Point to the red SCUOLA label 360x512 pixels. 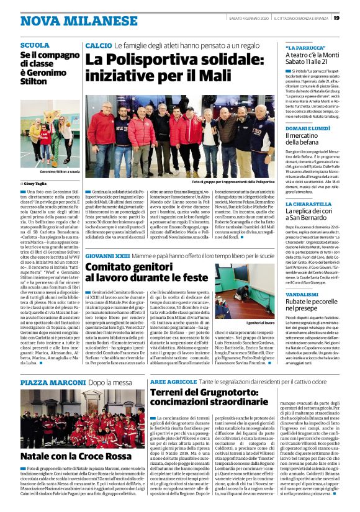pyautogui.click(x=35, y=46)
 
